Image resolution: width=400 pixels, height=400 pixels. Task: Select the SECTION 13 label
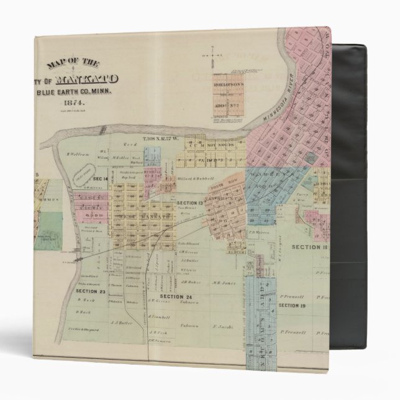point(189,204)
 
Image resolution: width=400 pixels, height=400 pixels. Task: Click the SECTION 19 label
point(290,306)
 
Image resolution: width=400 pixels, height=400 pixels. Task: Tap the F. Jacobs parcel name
point(222,325)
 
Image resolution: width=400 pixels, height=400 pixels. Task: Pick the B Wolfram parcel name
point(76,152)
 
